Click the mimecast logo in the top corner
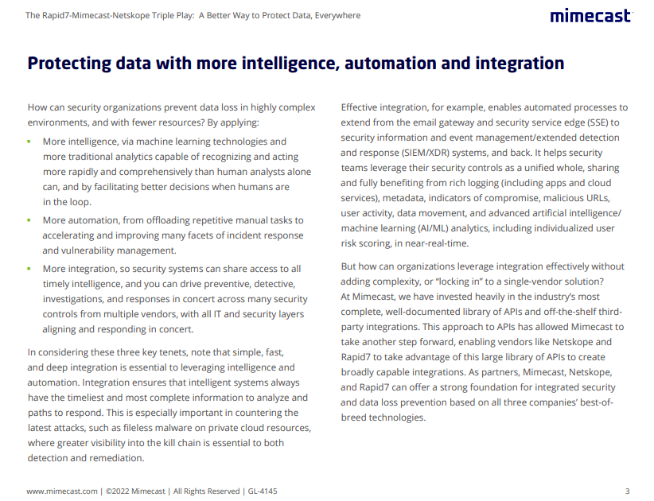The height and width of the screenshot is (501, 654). (590, 16)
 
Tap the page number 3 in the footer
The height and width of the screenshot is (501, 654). (627, 491)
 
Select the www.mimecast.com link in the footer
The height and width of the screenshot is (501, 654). (62, 491)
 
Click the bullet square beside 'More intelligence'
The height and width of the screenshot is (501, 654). (29, 142)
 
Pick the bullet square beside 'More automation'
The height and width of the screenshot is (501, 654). (29, 220)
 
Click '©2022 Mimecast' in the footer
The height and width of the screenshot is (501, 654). (135, 491)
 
